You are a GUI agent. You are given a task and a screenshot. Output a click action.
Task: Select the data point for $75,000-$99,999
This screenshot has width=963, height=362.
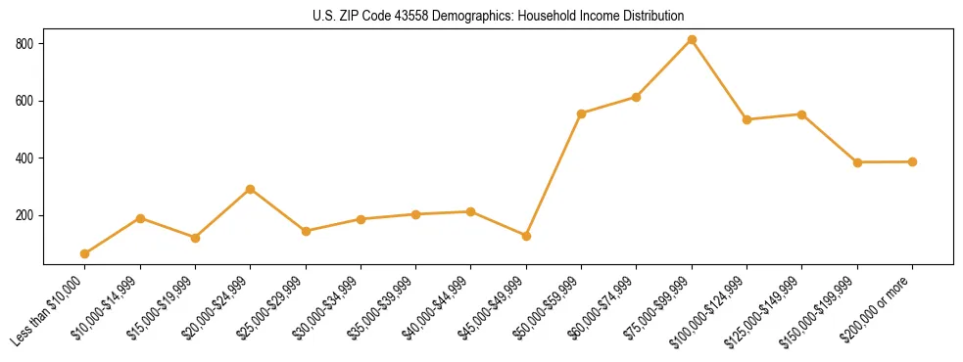pyautogui.click(x=692, y=40)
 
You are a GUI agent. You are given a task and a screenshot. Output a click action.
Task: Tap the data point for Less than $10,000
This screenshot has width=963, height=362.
pyautogui.click(x=85, y=254)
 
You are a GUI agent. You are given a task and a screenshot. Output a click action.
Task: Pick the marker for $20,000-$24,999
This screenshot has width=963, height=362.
pyautogui.click(x=251, y=189)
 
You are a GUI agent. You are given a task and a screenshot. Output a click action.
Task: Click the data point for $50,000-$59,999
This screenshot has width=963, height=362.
pyautogui.click(x=582, y=113)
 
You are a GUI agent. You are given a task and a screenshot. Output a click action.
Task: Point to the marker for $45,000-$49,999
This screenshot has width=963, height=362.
pyautogui.click(x=526, y=236)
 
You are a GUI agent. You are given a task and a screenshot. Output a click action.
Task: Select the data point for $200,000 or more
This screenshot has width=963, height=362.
pyautogui.click(x=912, y=161)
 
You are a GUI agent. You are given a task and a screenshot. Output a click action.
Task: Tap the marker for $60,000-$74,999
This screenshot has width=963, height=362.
pyautogui.click(x=637, y=97)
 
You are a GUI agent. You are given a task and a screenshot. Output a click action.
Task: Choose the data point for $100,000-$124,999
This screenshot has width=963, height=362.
pyautogui.click(x=746, y=119)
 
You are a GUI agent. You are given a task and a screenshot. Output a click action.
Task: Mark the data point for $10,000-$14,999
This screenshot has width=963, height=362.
pyautogui.click(x=140, y=218)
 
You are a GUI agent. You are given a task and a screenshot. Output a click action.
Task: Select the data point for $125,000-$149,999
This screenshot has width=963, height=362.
pyautogui.click(x=801, y=114)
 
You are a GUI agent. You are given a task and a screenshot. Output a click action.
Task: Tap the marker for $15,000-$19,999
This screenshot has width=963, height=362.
pyautogui.click(x=195, y=238)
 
